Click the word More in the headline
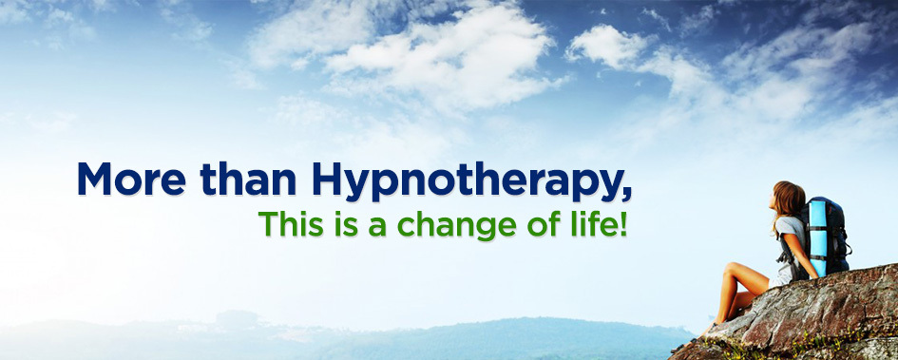coord(131,180)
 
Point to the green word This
coord(291,224)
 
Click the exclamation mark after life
coord(623,224)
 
